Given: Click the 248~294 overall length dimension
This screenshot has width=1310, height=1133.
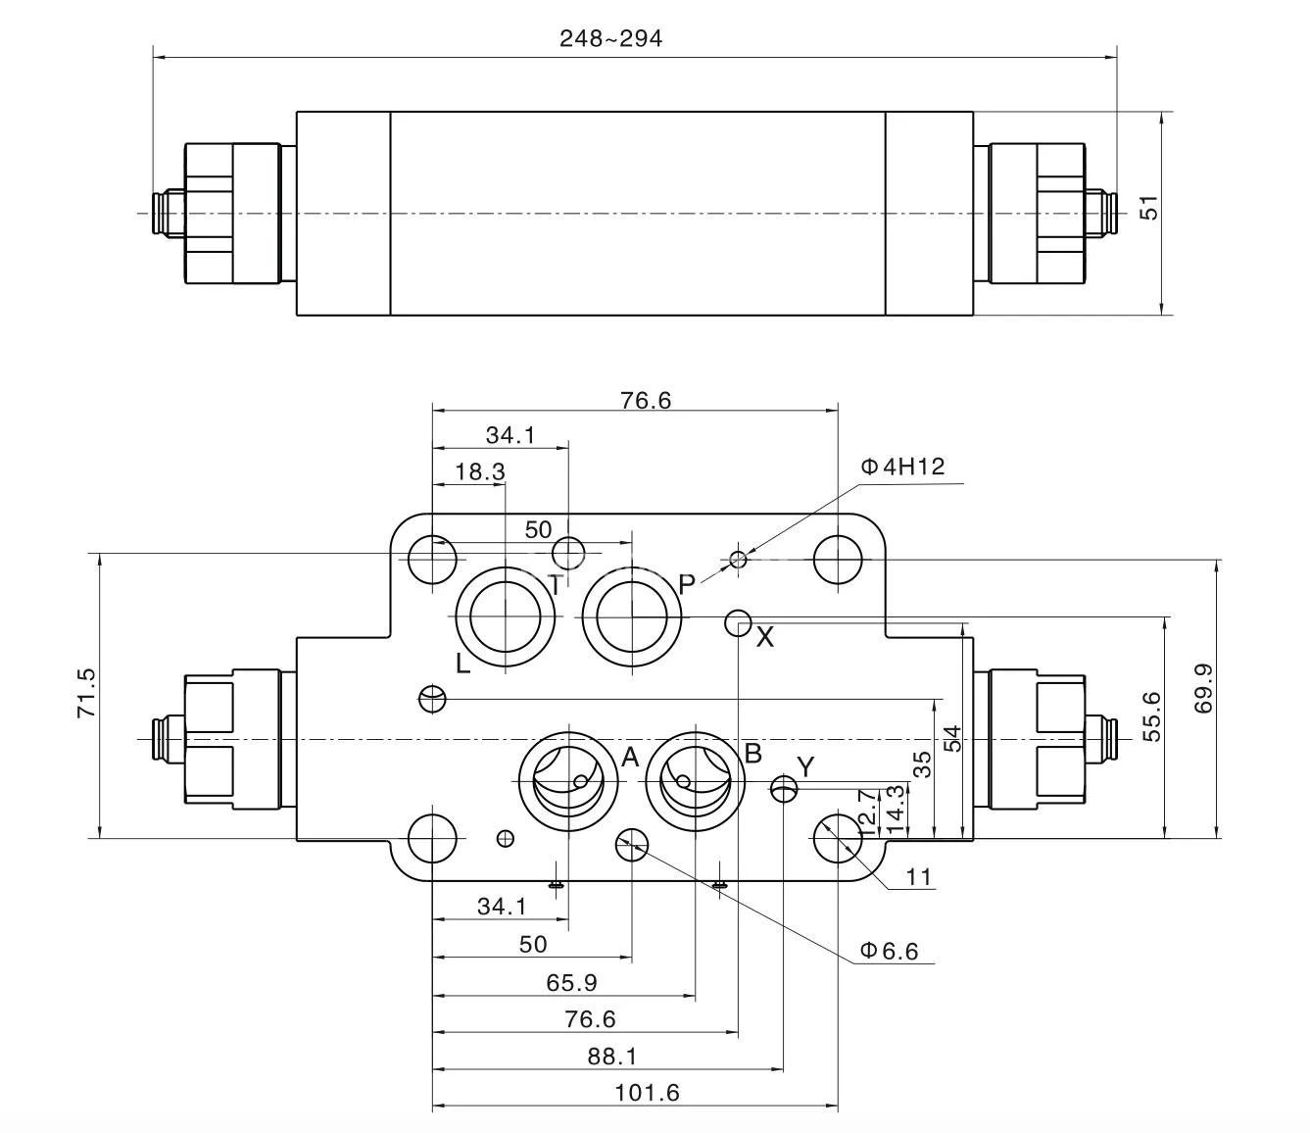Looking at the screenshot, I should (x=610, y=38).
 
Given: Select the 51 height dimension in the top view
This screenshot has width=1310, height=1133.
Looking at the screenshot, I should (x=1149, y=208).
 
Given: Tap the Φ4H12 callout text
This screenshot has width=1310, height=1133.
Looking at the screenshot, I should (x=902, y=467).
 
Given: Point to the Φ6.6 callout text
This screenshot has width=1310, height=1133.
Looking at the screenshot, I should (x=889, y=951).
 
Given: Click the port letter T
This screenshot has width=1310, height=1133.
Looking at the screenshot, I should (x=556, y=586).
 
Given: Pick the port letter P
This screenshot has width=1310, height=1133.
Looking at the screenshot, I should (x=687, y=585).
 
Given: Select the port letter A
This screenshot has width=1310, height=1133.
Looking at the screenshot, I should (x=630, y=757).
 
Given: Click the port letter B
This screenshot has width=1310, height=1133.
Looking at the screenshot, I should (x=753, y=753).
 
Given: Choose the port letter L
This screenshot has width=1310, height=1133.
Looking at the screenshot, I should (x=463, y=664).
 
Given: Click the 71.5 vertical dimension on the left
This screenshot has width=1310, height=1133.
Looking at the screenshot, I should (x=86, y=693).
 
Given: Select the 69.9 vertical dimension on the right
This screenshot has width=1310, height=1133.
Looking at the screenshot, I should (x=1203, y=689).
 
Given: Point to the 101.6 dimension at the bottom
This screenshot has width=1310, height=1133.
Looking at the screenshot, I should (x=647, y=1092).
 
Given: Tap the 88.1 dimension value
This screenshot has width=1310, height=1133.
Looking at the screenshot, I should (x=611, y=1056).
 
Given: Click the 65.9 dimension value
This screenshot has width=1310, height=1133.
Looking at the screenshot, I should (x=571, y=982).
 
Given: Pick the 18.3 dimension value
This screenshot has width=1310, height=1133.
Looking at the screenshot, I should (x=480, y=471).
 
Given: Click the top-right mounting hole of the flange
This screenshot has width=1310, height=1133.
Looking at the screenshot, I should (x=838, y=560).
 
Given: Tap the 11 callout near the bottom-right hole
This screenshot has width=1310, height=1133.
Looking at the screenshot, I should (x=918, y=876).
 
